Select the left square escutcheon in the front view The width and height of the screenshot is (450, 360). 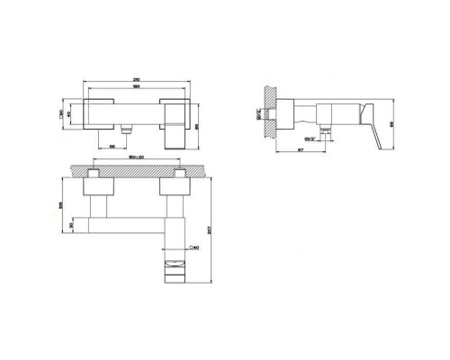(99, 112)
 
